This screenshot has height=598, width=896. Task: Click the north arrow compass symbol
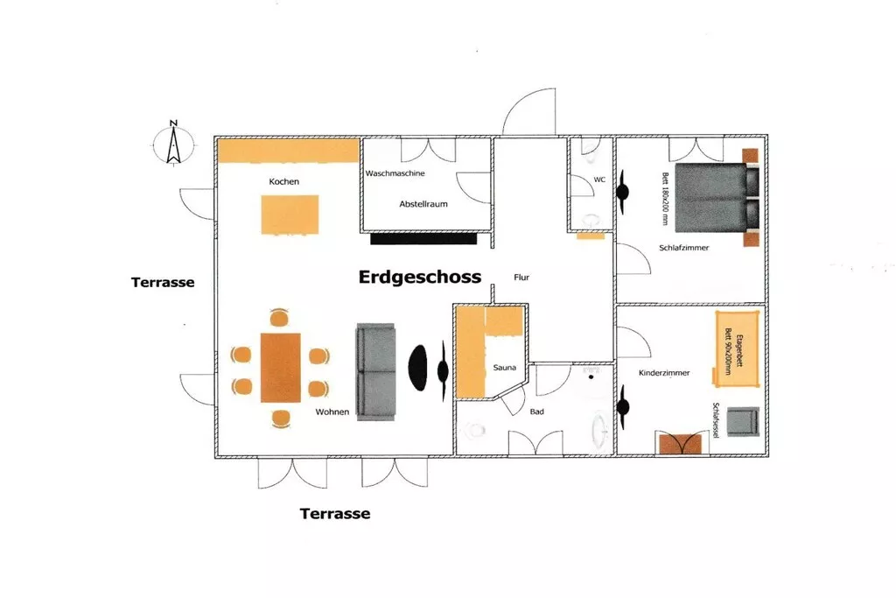174,144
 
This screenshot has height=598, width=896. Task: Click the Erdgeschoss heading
420,278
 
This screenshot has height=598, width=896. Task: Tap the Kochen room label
284,182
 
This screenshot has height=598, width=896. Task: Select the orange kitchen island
290,215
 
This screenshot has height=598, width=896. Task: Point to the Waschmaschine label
395,173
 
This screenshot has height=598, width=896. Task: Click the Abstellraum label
423,204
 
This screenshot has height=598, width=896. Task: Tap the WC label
599,179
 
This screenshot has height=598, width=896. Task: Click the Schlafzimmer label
684,248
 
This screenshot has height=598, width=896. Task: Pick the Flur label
521,278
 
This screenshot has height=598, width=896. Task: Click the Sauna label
505,368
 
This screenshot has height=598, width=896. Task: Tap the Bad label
536,412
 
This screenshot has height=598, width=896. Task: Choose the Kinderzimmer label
664,373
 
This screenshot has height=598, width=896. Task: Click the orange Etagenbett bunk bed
737,348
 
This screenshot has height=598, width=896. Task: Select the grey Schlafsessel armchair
743,422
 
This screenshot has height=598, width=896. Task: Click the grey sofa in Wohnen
376,371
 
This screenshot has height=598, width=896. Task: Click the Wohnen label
332,412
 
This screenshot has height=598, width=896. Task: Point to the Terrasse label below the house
335,514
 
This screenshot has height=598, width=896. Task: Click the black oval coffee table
417,368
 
